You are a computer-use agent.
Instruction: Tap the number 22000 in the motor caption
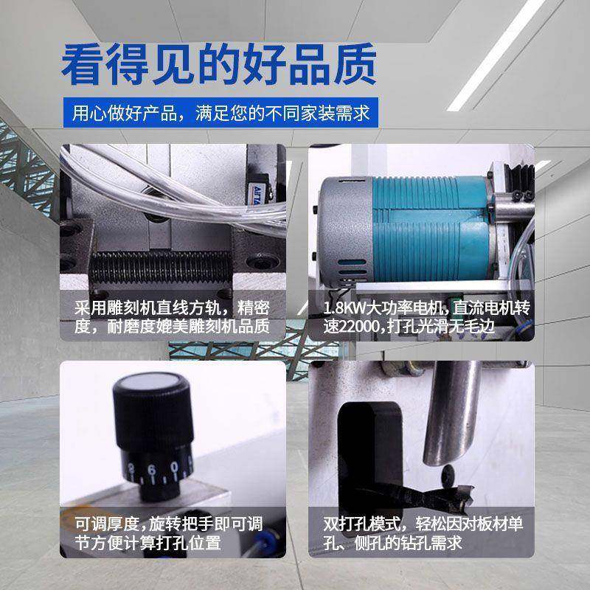358,325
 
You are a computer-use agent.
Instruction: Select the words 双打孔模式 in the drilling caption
361,524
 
